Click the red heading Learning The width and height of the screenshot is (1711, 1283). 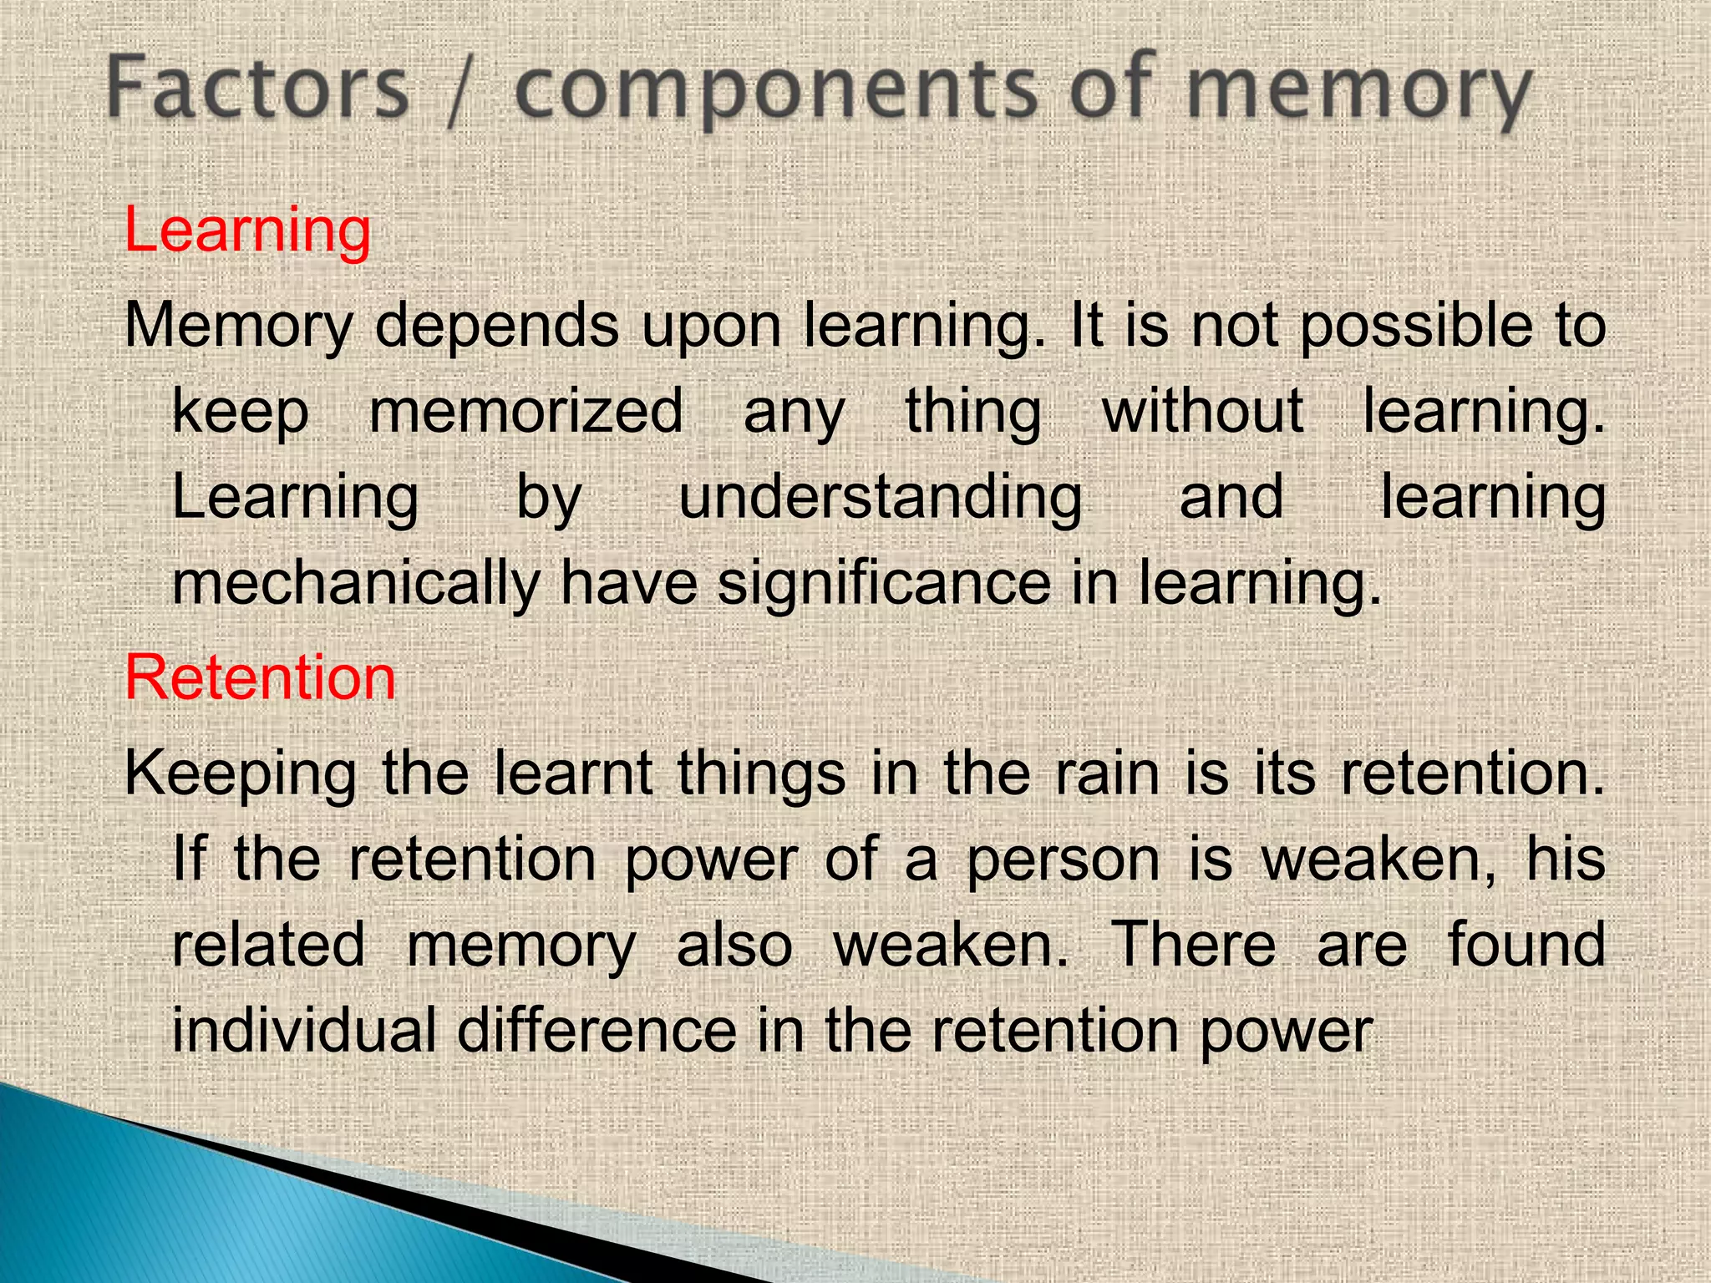click(x=247, y=231)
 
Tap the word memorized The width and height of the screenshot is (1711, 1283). click(x=526, y=413)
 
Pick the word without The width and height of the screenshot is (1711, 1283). click(x=1203, y=413)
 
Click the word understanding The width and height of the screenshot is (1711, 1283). click(x=881, y=498)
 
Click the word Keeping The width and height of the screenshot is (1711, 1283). click(x=241, y=775)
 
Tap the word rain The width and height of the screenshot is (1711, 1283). click(x=1108, y=773)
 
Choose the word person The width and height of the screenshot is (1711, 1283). click(x=1064, y=860)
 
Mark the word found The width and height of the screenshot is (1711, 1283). click(x=1526, y=946)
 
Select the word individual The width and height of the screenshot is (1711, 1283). click(x=304, y=1031)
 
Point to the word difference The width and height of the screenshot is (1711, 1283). click(x=597, y=1031)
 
